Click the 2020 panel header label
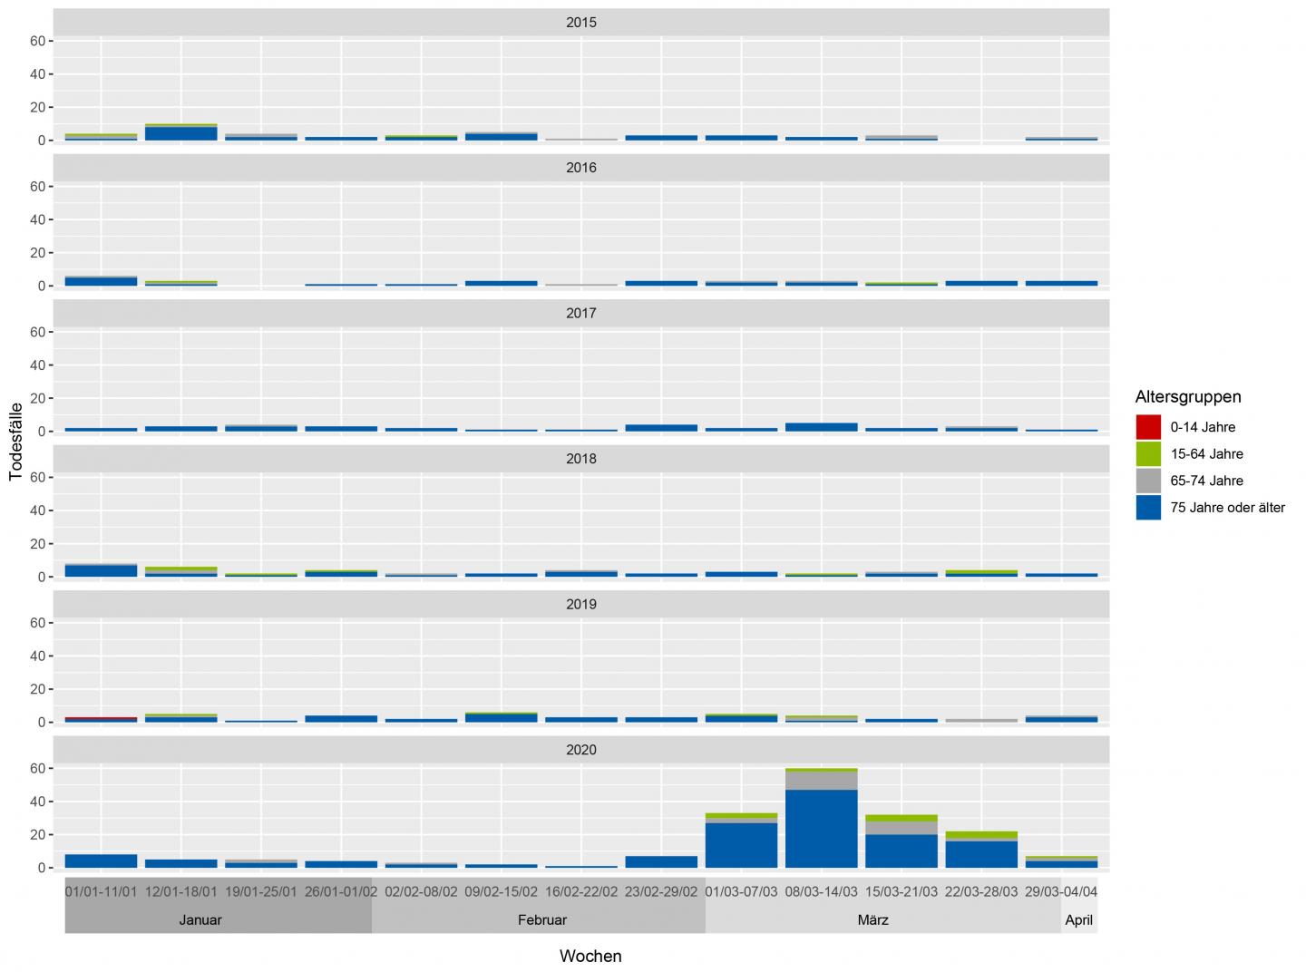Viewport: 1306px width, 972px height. point(580,750)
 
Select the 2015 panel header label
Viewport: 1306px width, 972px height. point(580,23)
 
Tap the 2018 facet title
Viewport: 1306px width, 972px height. point(580,459)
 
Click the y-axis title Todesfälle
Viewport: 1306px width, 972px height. point(15,442)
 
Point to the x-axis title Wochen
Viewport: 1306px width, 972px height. point(590,956)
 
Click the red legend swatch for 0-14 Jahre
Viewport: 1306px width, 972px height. point(1148,427)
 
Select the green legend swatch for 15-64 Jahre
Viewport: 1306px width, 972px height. point(1148,453)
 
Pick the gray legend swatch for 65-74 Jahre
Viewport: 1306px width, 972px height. point(1148,481)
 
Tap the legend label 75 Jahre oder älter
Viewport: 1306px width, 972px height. point(1227,508)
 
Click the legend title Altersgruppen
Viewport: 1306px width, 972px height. point(1187,396)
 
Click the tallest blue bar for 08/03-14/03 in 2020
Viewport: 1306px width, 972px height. point(822,829)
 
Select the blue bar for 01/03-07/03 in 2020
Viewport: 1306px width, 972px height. point(741,845)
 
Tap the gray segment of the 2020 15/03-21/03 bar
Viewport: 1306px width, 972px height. point(902,828)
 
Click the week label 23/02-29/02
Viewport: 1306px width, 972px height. point(661,891)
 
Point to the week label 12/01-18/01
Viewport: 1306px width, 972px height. point(181,891)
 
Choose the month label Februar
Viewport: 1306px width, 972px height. point(541,919)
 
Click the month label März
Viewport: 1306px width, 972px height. point(872,919)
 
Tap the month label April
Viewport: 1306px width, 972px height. point(1078,919)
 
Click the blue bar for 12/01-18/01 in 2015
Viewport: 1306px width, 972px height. point(181,133)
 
